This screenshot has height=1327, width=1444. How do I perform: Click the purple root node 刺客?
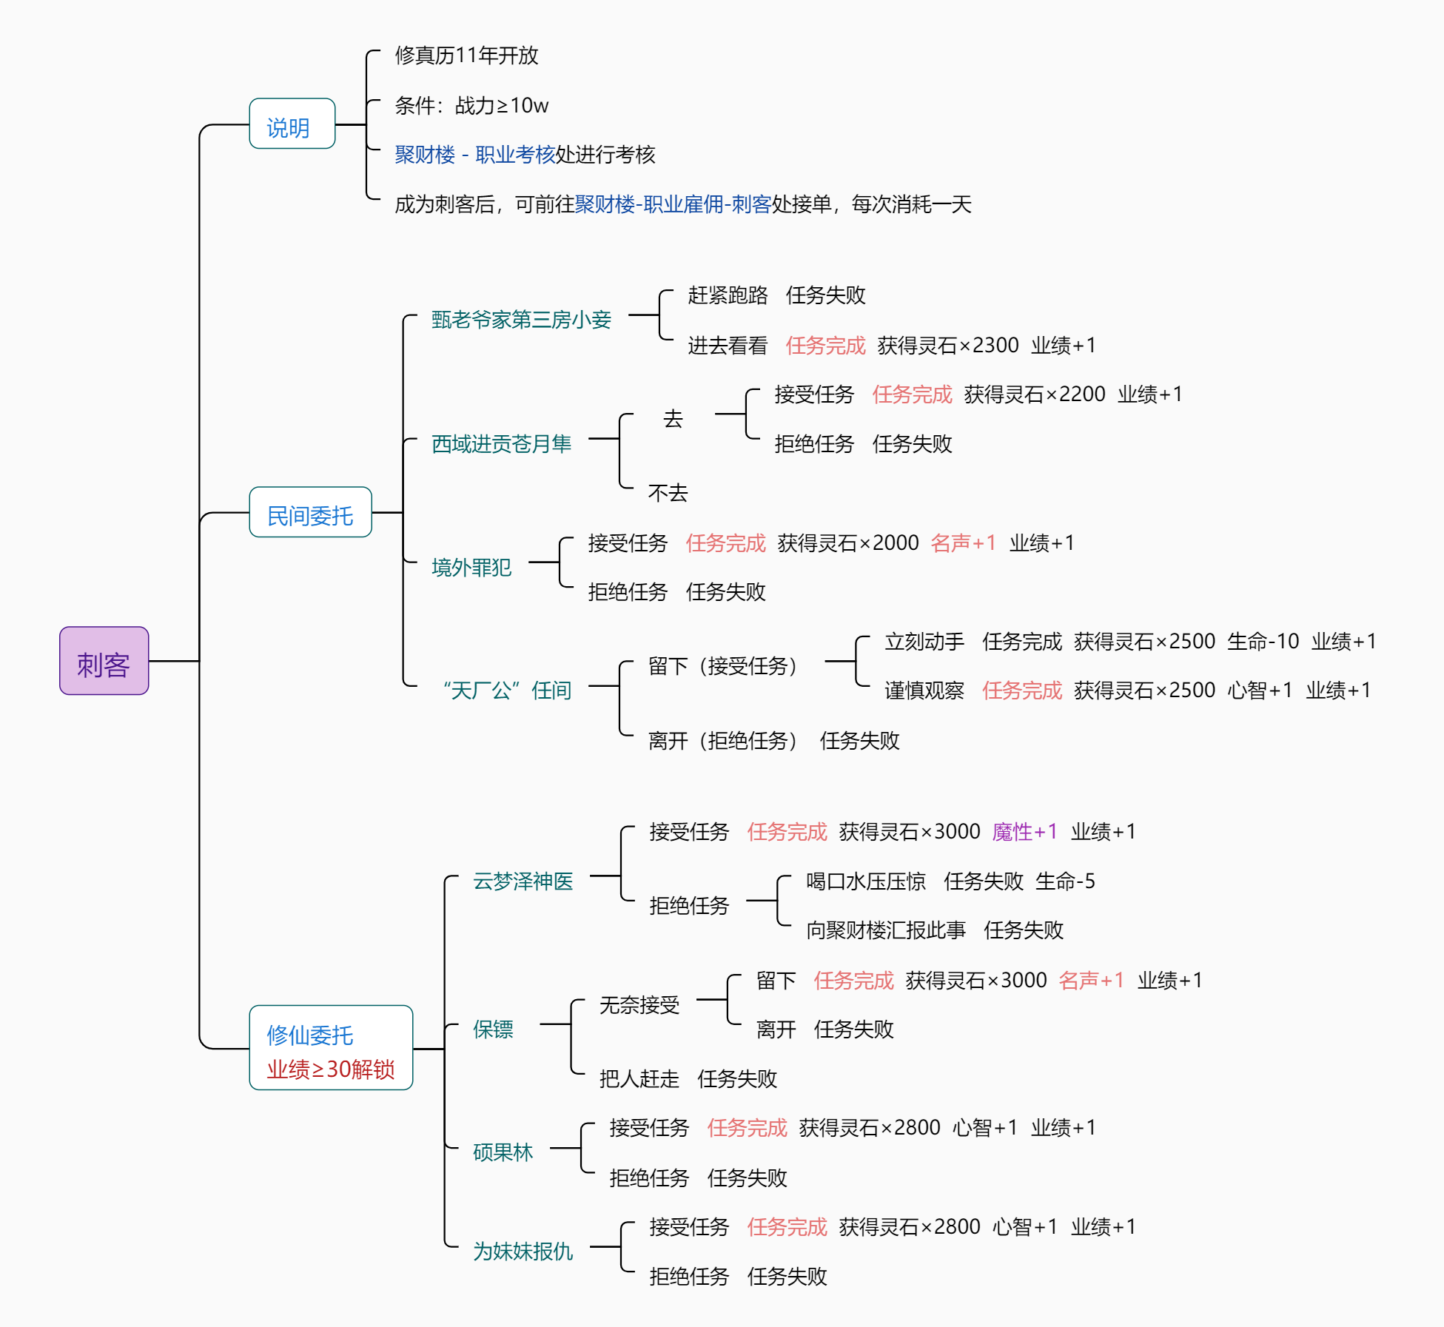104,661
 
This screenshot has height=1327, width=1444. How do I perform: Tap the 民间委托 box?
310,512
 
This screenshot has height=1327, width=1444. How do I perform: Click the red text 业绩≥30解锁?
330,1069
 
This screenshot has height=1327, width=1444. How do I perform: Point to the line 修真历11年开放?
466,56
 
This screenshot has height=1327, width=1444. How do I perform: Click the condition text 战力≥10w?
501,106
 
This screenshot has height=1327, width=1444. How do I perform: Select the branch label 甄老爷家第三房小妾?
521,320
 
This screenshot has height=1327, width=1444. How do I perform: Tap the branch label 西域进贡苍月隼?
501,443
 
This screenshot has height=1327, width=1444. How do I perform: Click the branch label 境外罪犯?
471,568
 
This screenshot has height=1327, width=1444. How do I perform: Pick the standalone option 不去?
668,493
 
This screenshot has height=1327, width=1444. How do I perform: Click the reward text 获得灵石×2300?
947,346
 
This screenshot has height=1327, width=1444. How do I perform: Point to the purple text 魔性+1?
1024,832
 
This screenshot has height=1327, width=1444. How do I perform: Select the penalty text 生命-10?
1263,642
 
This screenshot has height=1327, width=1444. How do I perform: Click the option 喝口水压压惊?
865,881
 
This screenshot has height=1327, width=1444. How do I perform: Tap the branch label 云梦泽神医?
523,881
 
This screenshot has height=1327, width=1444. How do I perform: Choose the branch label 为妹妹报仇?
523,1252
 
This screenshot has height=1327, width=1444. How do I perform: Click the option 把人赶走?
639,1079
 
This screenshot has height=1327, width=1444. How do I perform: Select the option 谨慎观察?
924,691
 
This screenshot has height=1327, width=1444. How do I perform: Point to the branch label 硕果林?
503,1152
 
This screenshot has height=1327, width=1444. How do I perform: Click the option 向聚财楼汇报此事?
885,930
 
